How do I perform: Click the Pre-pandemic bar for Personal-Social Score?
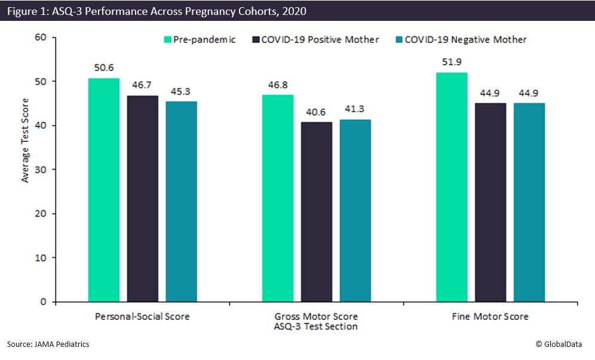pos(103,190)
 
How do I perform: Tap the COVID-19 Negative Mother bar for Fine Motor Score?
pos(529,202)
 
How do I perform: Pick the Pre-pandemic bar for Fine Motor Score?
pos(452,187)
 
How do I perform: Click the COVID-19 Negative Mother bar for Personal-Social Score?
pos(181,201)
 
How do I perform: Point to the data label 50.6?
pos(103,67)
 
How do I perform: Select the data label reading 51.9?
pos(452,61)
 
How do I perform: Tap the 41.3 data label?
pos(355,109)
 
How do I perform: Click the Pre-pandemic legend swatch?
pos(168,40)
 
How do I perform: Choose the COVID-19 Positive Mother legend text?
pos(320,40)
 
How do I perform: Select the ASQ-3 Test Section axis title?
pos(317,326)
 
